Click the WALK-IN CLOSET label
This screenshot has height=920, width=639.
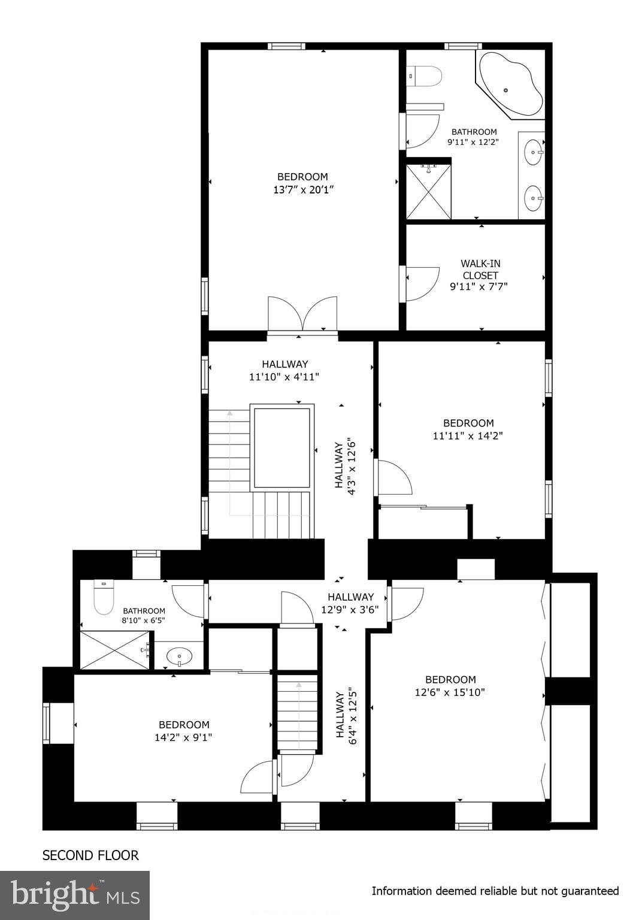480,269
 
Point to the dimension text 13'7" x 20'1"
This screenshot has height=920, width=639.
302,190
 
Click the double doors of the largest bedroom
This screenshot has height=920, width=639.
302,313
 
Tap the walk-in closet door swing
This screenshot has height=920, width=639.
422,283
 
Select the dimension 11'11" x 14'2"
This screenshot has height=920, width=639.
468,436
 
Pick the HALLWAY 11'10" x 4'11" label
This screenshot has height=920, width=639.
284,370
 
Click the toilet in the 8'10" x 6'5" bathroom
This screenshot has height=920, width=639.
104,598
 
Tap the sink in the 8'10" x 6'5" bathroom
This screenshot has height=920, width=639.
178,656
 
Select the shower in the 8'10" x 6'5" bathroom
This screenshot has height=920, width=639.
114,650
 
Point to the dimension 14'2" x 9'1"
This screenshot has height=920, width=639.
183,737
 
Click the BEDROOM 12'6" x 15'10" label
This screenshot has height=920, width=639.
450,686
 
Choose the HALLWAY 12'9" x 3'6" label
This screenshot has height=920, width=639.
350,603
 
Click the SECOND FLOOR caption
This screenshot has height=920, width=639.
90,855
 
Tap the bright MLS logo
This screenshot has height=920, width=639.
75,895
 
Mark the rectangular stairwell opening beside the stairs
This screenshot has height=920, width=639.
282,447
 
